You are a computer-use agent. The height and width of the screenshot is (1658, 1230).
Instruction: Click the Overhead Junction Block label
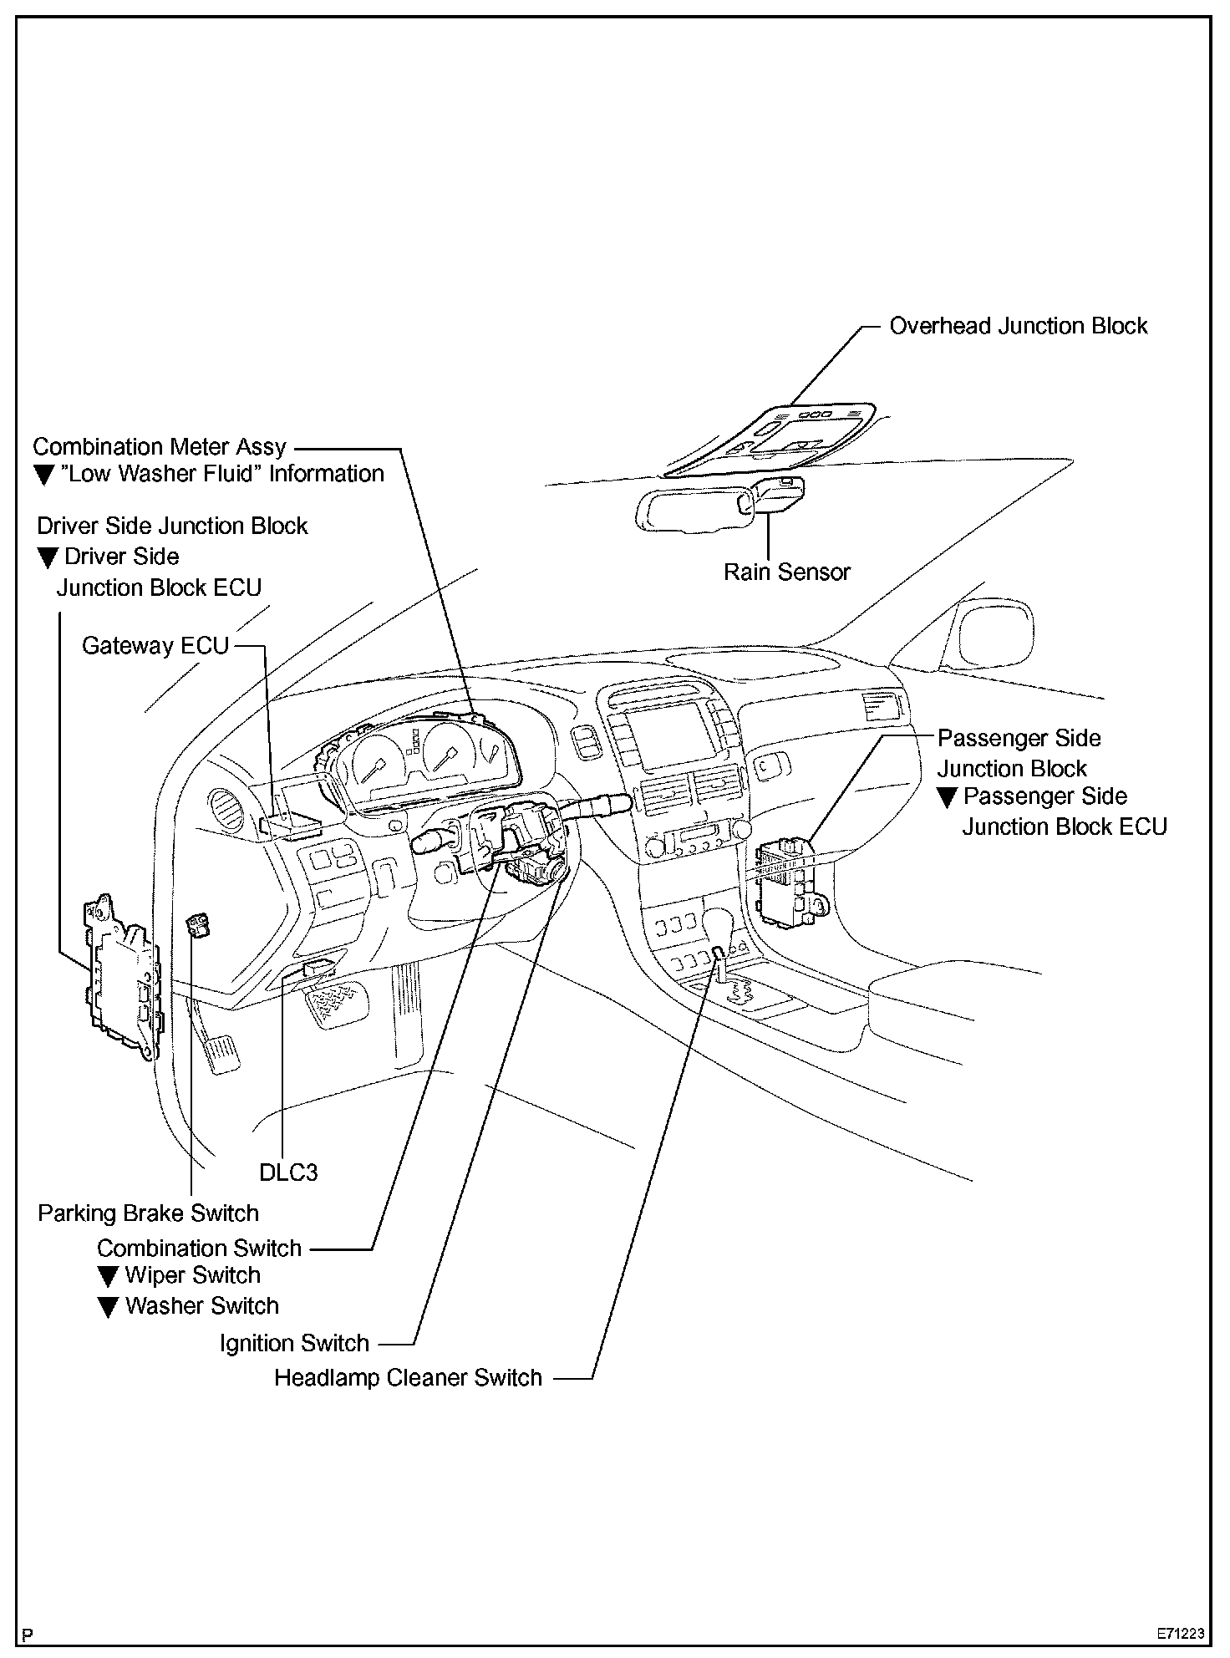coord(1018,326)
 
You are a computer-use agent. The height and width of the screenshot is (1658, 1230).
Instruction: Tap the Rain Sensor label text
coord(786,572)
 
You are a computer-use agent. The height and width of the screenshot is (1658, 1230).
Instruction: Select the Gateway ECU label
coord(155,646)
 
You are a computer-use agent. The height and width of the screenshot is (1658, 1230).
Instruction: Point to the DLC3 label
coord(288,1172)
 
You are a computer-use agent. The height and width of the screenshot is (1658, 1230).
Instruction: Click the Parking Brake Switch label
coord(148,1213)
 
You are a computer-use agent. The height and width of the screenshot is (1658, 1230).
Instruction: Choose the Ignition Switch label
coord(294,1343)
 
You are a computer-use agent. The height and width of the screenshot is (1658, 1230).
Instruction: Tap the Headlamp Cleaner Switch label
coord(408,1377)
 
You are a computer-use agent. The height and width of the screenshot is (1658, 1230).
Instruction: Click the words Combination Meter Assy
coord(160,447)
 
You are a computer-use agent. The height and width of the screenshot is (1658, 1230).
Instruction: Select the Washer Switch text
coord(202,1306)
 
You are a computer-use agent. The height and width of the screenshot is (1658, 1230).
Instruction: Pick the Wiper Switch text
coord(193,1275)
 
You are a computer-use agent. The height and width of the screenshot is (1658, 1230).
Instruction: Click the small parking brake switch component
coord(199,925)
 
